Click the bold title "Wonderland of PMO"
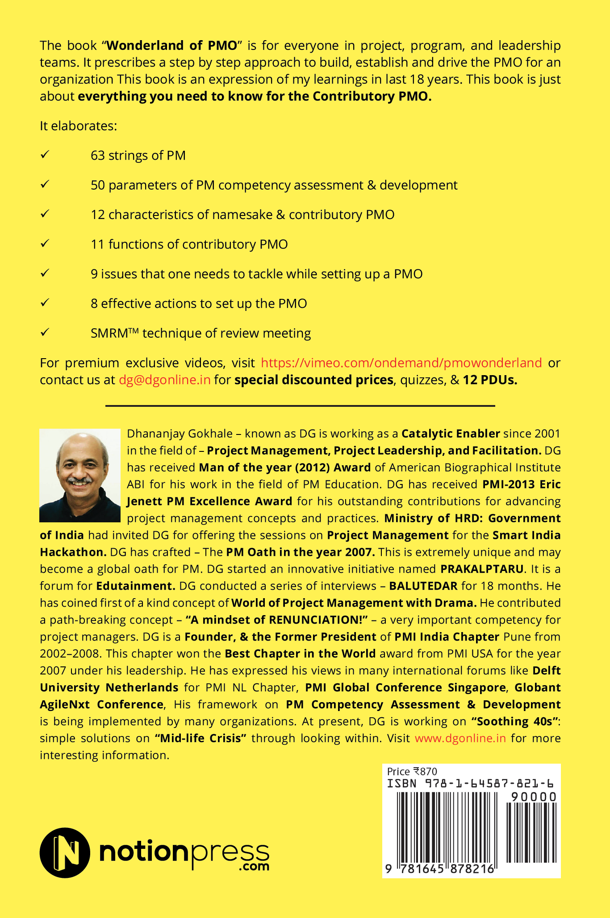[171, 45]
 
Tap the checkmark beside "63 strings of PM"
[45, 155]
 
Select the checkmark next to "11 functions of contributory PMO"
[45, 244]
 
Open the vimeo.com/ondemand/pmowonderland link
[401, 363]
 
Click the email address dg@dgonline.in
[164, 380]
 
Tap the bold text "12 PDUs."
[490, 380]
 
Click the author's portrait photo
[80, 475]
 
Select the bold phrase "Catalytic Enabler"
[451, 434]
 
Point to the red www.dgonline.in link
[460, 739]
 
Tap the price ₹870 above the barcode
[425, 772]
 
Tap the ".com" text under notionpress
[254, 867]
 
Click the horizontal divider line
[300, 406]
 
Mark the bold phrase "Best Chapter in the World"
[300, 654]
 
